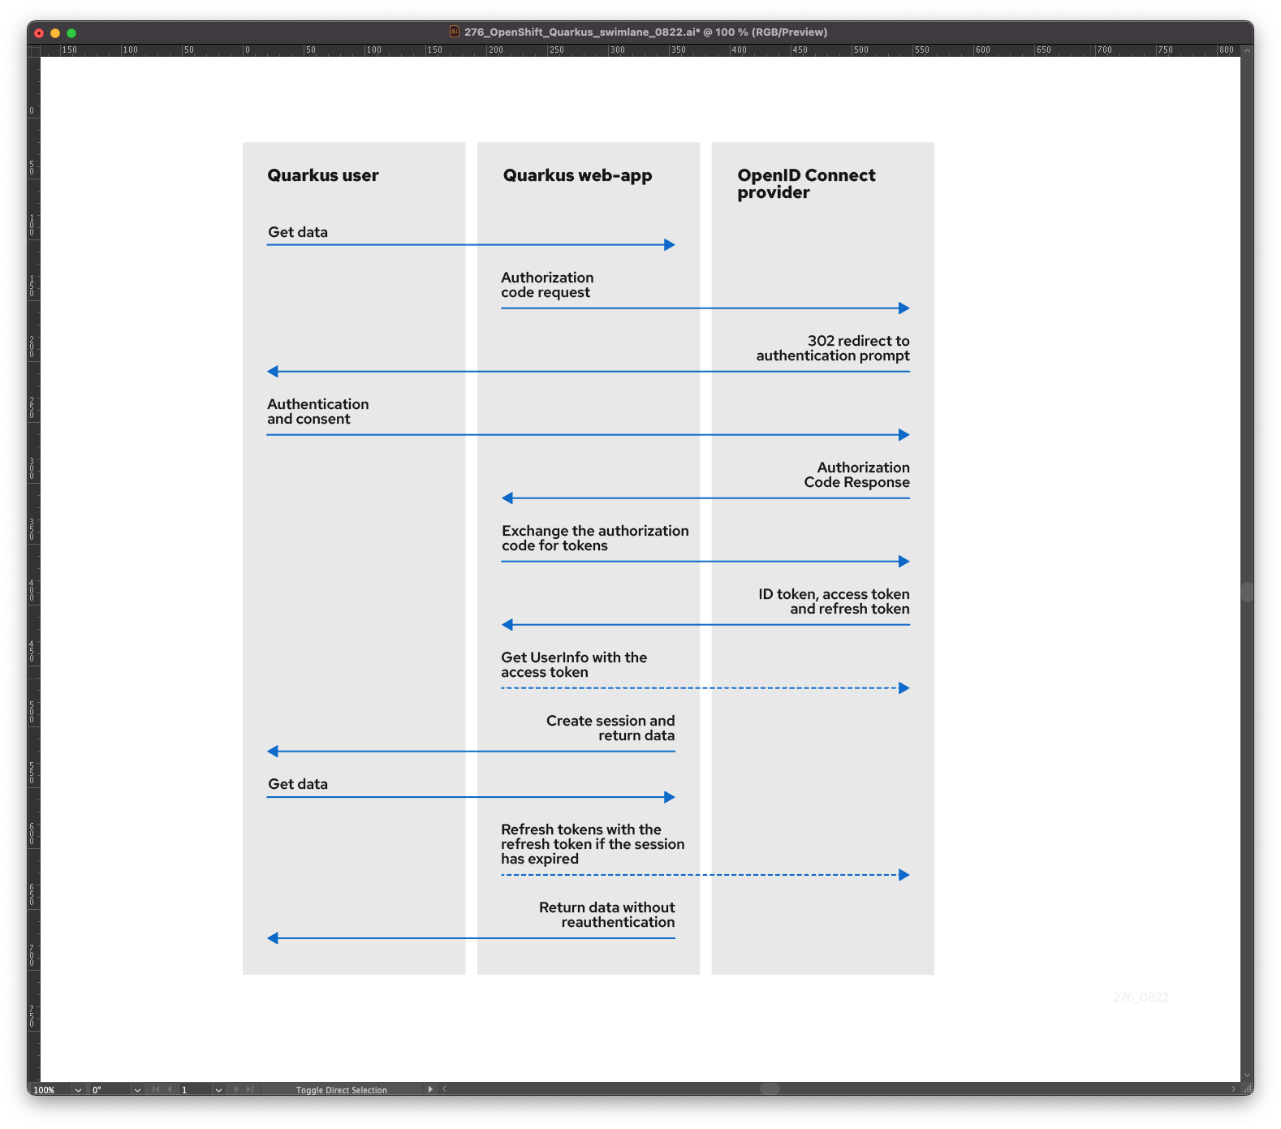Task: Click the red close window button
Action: pyautogui.click(x=38, y=33)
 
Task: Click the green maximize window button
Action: pyautogui.click(x=71, y=33)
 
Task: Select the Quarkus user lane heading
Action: pyautogui.click(x=323, y=175)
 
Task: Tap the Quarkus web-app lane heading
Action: pyautogui.click(x=577, y=175)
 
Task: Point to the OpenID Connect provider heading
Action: pyautogui.click(x=806, y=183)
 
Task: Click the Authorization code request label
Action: pyautogui.click(x=547, y=285)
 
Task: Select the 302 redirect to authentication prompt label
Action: pyautogui.click(x=833, y=348)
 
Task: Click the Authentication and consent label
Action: pyautogui.click(x=317, y=412)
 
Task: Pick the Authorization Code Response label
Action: pyautogui.click(x=857, y=475)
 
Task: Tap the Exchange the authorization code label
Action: pyautogui.click(x=595, y=538)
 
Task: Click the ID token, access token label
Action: pyautogui.click(x=834, y=601)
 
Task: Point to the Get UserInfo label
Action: pyautogui.click(x=574, y=665)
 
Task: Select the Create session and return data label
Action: pyautogui.click(x=610, y=728)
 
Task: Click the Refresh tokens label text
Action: pyautogui.click(x=593, y=844)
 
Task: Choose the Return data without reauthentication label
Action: pyautogui.click(x=607, y=915)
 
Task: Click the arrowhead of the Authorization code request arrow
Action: pyautogui.click(x=904, y=308)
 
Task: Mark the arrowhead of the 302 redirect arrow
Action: pyautogui.click(x=273, y=372)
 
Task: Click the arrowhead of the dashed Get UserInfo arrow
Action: pyautogui.click(x=904, y=688)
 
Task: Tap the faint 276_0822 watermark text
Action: pyautogui.click(x=1141, y=998)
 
